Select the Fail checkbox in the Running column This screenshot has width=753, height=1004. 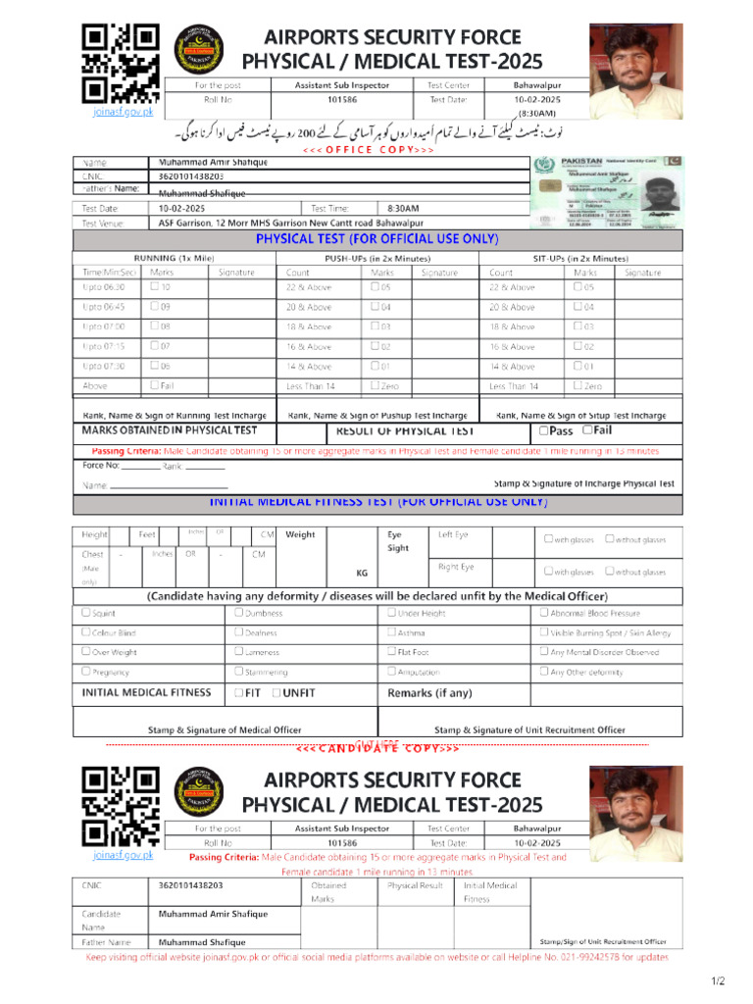tap(155, 385)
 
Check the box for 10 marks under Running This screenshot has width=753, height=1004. tap(155, 287)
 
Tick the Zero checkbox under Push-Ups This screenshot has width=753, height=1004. tap(376, 385)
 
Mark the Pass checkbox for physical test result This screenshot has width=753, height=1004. tap(543, 430)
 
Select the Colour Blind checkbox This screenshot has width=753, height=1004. tap(86, 632)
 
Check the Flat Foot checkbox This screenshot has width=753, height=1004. tap(391, 651)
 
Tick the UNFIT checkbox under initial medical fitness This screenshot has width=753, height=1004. tap(276, 693)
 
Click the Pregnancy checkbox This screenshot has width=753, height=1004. tap(86, 672)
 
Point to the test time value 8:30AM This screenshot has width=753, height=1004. tap(403, 209)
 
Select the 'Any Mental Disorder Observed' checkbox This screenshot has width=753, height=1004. tap(544, 651)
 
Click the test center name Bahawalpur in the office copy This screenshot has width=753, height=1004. tap(536, 85)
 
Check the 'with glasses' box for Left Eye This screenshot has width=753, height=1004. tap(549, 538)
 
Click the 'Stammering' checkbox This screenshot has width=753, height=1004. tap(238, 672)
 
